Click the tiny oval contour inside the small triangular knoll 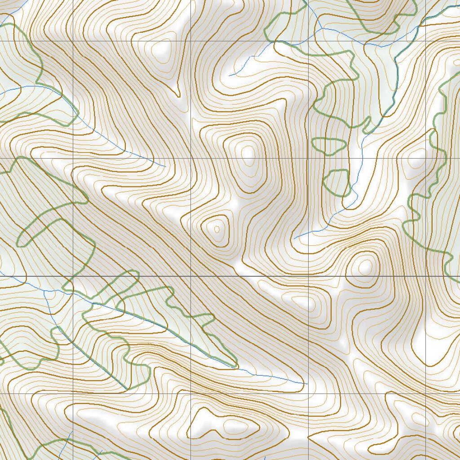[x=217, y=229]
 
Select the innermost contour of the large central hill [x=247, y=153]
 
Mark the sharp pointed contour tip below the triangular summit [x=178, y=95]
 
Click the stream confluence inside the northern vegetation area [x=323, y=28]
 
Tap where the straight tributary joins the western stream [x=45, y=291]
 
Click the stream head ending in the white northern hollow [x=230, y=75]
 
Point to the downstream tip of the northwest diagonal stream [x=165, y=166]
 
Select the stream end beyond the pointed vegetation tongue [x=304, y=384]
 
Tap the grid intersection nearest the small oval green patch [x=309, y=159]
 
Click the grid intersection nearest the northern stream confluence [x=309, y=41]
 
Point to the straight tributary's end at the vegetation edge [x=126, y=389]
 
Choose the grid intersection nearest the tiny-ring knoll [x=191, y=276]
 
